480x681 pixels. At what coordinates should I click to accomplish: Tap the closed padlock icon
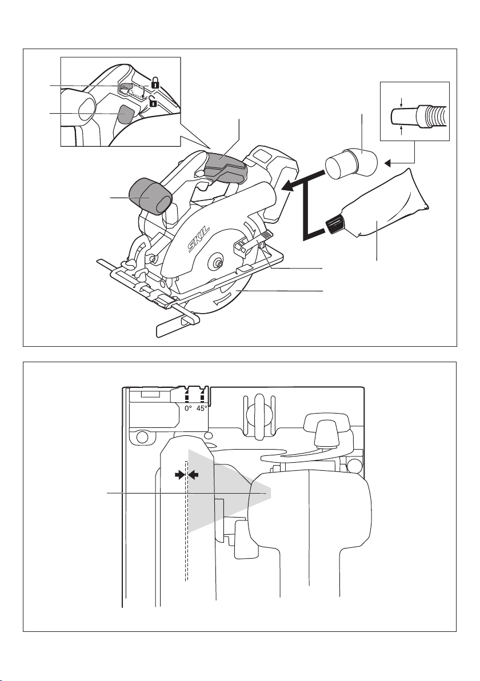tap(154, 83)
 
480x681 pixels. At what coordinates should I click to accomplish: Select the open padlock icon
tap(153, 103)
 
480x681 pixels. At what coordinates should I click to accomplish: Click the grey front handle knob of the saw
tap(150, 194)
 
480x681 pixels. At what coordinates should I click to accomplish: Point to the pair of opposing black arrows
tap(187, 474)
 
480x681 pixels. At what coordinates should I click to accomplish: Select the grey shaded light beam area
tap(229, 491)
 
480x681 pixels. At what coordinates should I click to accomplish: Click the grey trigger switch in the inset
tap(126, 114)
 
